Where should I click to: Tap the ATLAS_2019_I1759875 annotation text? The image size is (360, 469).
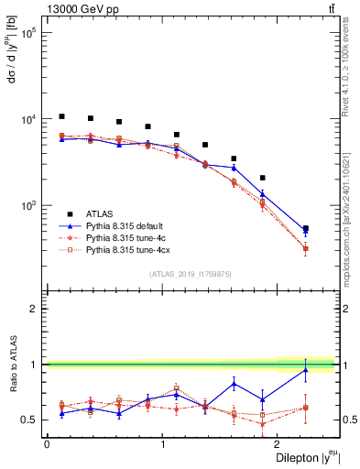point(191,273)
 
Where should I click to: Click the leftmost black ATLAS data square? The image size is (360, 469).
point(61,116)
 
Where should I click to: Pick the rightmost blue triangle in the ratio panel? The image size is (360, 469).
point(305,370)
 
